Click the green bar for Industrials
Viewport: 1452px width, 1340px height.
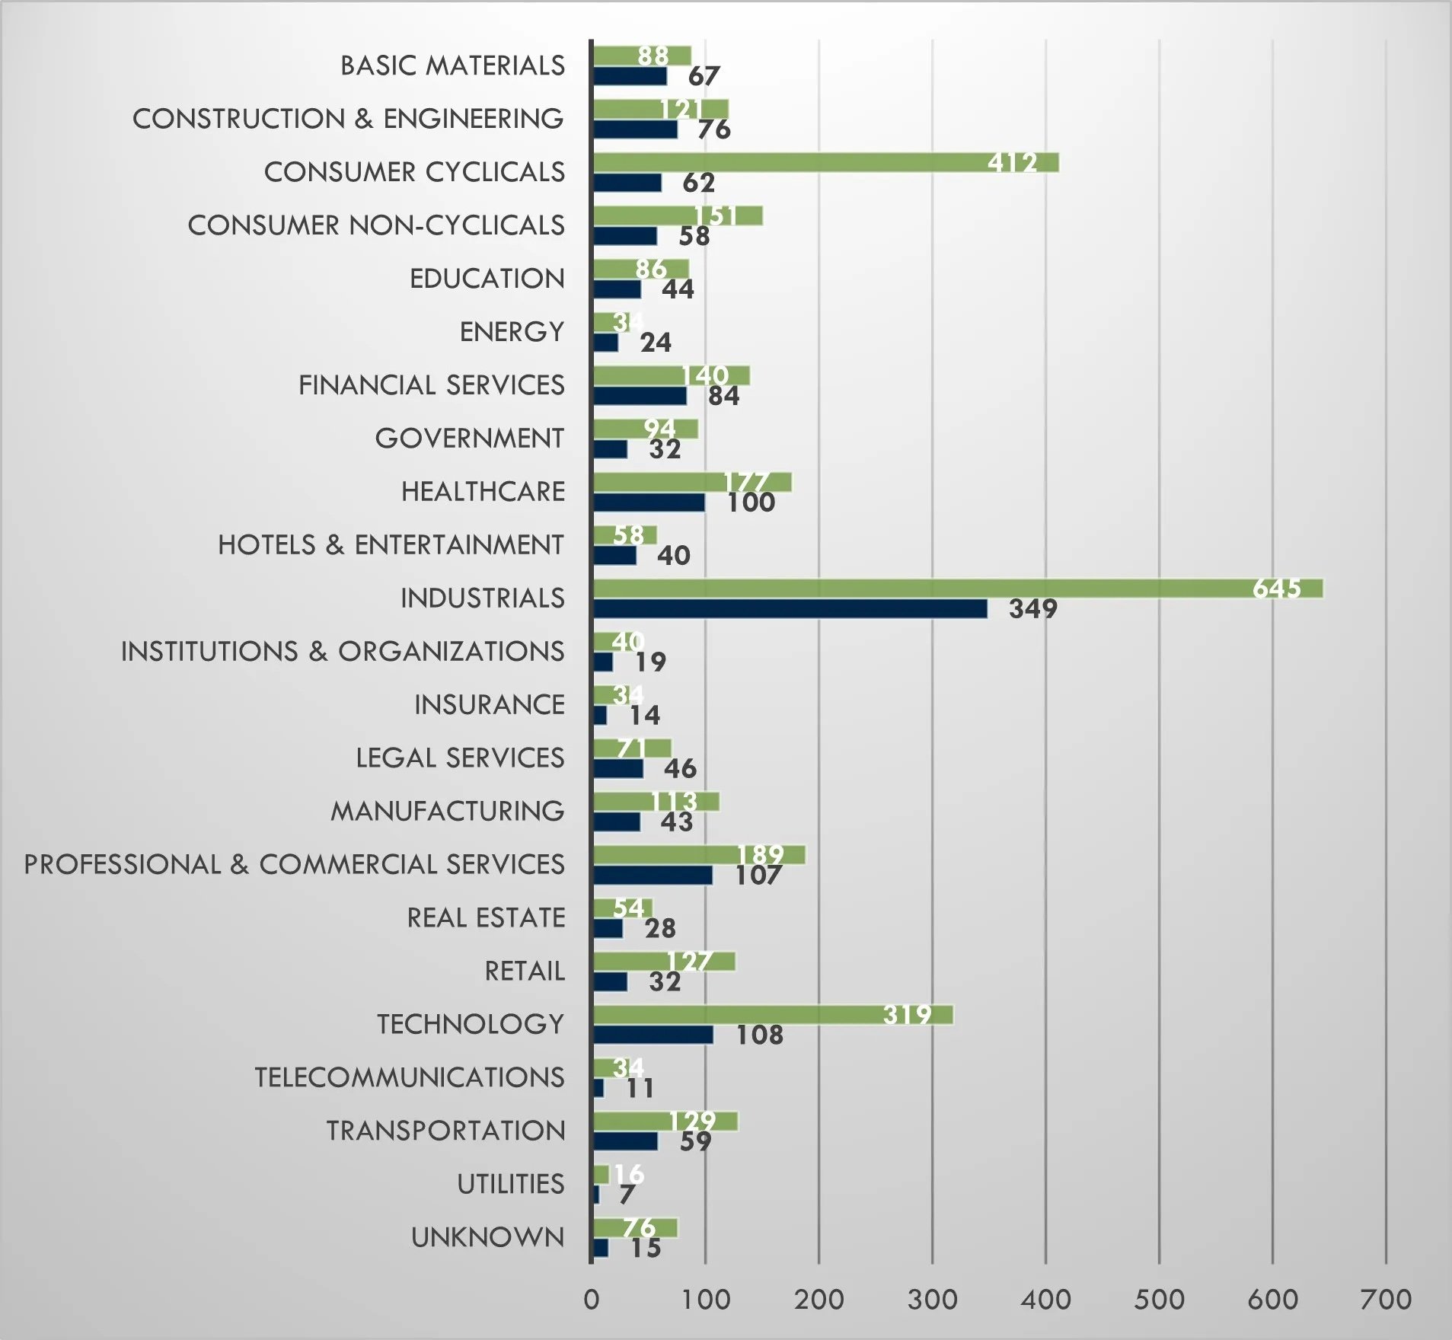[957, 589]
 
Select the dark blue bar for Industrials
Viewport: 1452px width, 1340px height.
[790, 609]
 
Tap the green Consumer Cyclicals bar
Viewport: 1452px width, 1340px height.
[825, 162]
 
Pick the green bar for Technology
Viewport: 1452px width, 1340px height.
[773, 1015]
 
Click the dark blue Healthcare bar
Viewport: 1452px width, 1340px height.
[649, 502]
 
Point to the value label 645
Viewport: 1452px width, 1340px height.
[1276, 589]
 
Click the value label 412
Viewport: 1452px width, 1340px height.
[1012, 162]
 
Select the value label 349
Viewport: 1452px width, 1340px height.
[1032, 609]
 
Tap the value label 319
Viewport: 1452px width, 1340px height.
[907, 1015]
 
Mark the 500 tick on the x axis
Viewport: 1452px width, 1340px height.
[1159, 1299]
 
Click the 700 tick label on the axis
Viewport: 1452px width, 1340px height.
[1386, 1299]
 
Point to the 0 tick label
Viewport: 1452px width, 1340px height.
[592, 1299]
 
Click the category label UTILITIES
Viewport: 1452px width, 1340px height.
[510, 1184]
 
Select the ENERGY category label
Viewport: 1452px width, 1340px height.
[512, 332]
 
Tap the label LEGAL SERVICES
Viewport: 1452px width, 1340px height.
[460, 758]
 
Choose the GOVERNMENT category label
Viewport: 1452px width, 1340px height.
[469, 439]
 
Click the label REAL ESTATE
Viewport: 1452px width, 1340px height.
[486, 918]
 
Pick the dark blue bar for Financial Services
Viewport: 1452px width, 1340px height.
[640, 396]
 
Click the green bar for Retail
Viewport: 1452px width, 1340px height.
[664, 962]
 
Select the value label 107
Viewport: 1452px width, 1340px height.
[758, 876]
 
